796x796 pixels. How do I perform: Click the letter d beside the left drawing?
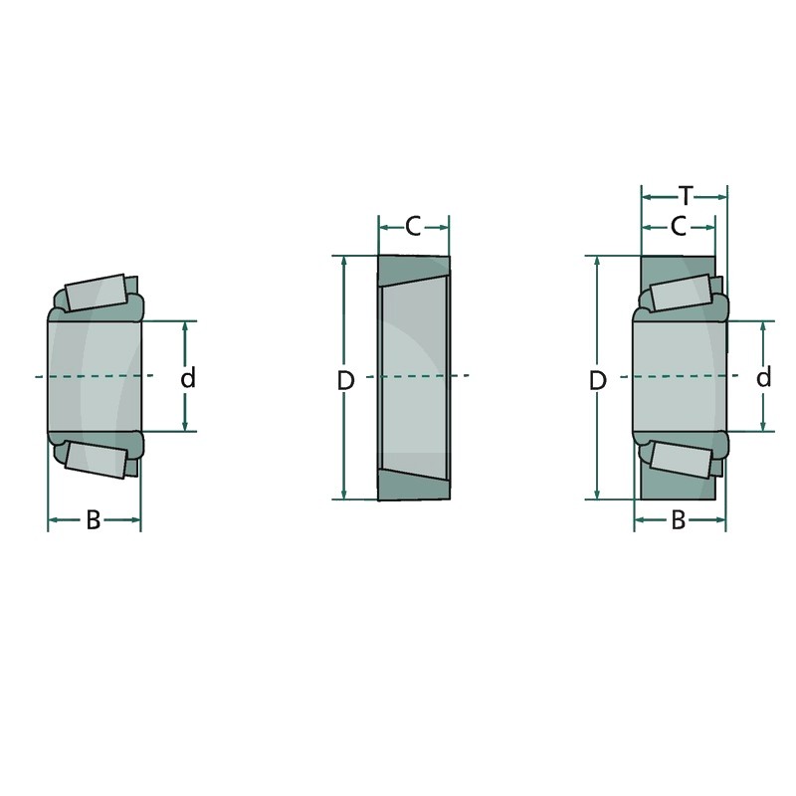[188, 378]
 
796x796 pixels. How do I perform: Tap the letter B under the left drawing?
[93, 520]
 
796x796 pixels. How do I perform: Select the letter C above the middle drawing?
[413, 227]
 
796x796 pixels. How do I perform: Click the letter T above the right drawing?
[685, 195]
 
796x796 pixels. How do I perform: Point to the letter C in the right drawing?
[678, 228]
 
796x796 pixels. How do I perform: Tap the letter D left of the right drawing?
[597, 379]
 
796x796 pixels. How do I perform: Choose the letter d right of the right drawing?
[763, 377]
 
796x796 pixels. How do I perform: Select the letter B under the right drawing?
[679, 520]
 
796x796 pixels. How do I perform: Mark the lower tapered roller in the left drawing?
[96, 460]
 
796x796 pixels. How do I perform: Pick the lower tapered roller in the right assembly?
[681, 460]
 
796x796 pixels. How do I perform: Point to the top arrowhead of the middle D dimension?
[344, 262]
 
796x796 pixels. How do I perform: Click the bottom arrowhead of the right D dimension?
[597, 494]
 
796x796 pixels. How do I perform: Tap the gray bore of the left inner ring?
[95, 377]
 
